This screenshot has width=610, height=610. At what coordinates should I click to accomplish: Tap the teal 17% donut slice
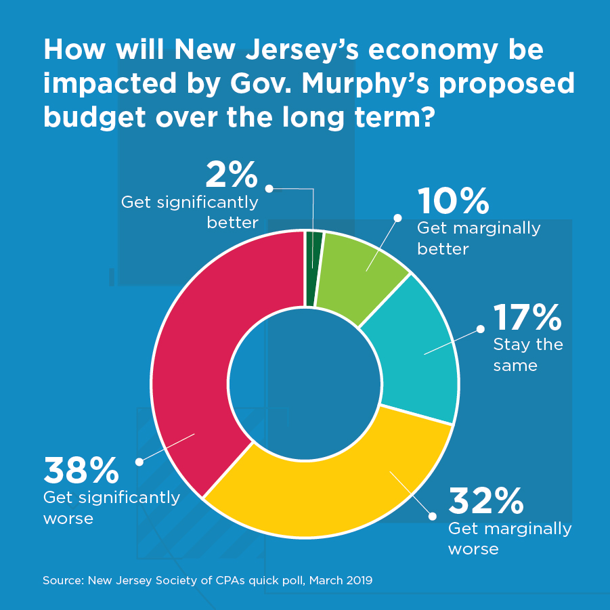(413, 352)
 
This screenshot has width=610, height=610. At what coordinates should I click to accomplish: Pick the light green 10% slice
(359, 271)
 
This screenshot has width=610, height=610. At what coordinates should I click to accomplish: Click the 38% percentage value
(81, 471)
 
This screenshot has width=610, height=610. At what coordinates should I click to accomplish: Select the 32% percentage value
(486, 501)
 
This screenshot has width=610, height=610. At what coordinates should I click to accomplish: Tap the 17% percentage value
(527, 317)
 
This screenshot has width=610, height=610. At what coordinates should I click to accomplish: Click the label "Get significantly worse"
(112, 508)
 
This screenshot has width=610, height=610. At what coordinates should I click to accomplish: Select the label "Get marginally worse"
(510, 538)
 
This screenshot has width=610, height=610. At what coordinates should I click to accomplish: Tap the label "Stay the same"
(528, 355)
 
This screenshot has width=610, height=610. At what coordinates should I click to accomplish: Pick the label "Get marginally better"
(479, 238)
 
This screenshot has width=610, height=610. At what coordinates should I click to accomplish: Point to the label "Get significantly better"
(190, 212)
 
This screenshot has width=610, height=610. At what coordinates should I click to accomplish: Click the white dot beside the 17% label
(480, 329)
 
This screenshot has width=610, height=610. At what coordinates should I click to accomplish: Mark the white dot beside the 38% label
(139, 462)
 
